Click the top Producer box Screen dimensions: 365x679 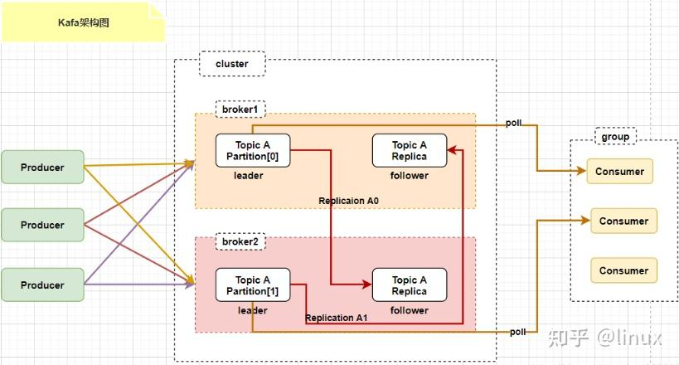click(x=42, y=167)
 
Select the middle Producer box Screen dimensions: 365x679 click(x=42, y=225)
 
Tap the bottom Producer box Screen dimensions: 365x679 click(x=42, y=285)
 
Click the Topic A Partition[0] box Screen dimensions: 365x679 click(x=253, y=151)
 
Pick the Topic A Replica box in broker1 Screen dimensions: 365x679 click(x=410, y=151)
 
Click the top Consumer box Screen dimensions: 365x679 click(x=619, y=172)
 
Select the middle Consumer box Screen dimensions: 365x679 click(x=623, y=221)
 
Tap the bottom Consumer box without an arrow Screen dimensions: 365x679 click(x=623, y=270)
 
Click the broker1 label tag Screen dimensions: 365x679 click(x=240, y=109)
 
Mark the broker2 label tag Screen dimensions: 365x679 click(x=240, y=241)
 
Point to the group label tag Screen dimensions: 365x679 click(x=614, y=136)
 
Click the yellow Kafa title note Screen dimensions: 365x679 click(x=83, y=23)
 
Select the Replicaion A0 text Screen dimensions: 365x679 click(x=349, y=201)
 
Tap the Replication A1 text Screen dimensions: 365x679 click(x=337, y=319)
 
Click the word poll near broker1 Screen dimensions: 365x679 click(x=514, y=123)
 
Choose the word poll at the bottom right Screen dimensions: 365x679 click(x=518, y=332)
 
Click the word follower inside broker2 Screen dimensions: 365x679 click(x=410, y=310)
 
